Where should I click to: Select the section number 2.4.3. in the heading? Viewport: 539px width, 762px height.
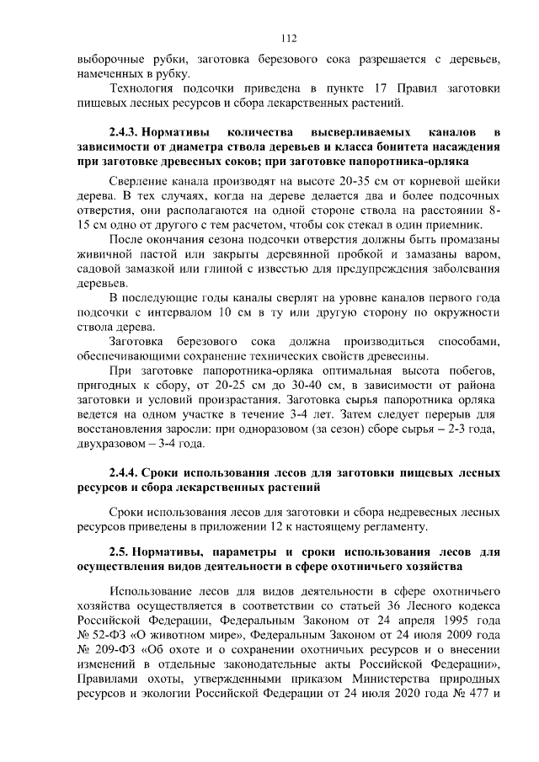[127, 132]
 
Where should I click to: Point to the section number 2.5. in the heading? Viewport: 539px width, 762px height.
[122, 552]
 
